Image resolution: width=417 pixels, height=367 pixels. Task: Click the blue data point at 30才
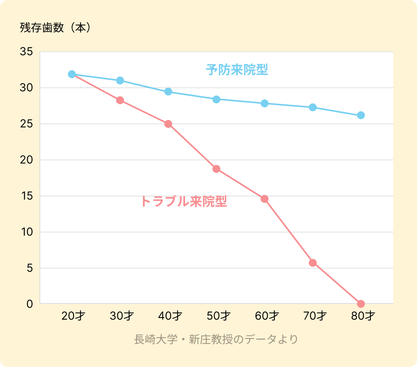(x=120, y=81)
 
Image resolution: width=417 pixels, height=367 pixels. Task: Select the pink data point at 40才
(x=168, y=124)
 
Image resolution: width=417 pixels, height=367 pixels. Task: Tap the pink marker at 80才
(x=361, y=304)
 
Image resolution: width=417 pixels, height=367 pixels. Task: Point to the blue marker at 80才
(x=361, y=115)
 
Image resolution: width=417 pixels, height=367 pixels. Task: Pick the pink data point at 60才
(x=265, y=199)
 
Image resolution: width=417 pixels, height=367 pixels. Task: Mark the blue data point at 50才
(x=216, y=99)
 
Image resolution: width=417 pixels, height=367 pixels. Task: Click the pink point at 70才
(x=313, y=263)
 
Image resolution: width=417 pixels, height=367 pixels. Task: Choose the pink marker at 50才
(x=216, y=169)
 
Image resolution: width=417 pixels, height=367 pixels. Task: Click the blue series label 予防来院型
(x=237, y=70)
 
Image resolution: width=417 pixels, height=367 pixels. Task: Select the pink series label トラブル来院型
(x=184, y=202)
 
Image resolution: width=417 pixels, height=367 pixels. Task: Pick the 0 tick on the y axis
(x=29, y=304)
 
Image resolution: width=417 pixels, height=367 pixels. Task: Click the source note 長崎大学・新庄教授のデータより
(x=216, y=339)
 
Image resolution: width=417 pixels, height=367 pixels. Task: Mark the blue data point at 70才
(x=313, y=107)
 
